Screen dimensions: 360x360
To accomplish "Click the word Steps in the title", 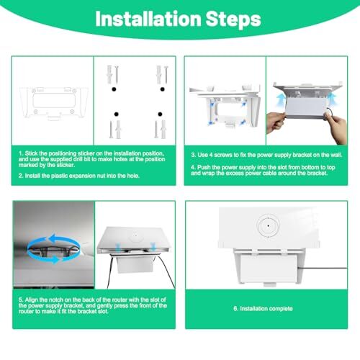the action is pyautogui.click(x=233, y=20).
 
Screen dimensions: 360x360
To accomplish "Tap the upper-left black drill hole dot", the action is pyautogui.click(x=114, y=89).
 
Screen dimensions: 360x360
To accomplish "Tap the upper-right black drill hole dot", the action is pyautogui.click(x=163, y=89).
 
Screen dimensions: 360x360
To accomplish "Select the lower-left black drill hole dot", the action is pyautogui.click(x=117, y=114).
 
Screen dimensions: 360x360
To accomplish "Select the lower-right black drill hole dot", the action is pyautogui.click(x=160, y=114).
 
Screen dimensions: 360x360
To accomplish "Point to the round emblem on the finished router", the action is pyautogui.click(x=268, y=226).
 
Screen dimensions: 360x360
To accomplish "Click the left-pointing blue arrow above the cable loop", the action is pyautogui.click(x=63, y=239).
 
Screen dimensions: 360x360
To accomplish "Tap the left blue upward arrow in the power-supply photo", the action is pyautogui.click(x=281, y=100).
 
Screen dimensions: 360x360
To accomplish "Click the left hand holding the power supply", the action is pyautogui.click(x=276, y=123).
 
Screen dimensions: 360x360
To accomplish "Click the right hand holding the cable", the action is pyautogui.click(x=336, y=127).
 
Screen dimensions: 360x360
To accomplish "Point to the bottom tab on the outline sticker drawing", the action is pyautogui.click(x=54, y=117).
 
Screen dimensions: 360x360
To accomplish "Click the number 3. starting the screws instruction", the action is pyautogui.click(x=194, y=155).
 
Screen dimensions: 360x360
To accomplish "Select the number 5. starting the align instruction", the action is pyautogui.click(x=21, y=300).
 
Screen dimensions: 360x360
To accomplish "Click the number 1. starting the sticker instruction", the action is pyautogui.click(x=21, y=153).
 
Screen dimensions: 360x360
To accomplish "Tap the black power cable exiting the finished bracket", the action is pyautogui.click(x=323, y=268).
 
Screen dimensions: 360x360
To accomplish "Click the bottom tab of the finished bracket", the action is pyautogui.click(x=270, y=285).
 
